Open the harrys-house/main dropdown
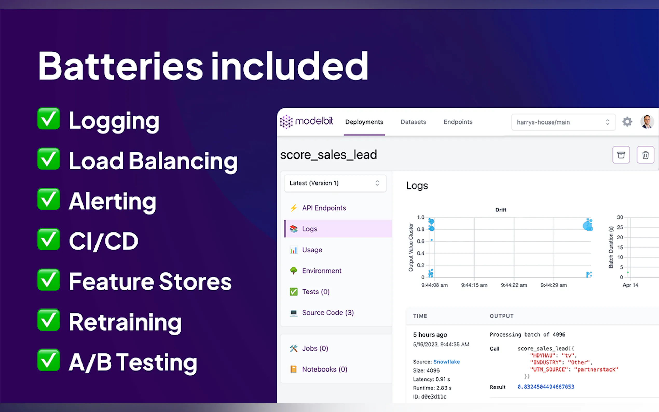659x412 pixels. pos(563,122)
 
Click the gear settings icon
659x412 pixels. pos(627,121)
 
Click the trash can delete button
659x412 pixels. pos(645,155)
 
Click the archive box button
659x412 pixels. pos(621,155)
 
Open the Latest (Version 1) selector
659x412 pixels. pos(335,183)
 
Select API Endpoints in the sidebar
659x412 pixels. pos(324,208)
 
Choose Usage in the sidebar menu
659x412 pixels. pos(312,250)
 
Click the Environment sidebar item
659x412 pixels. pos(321,271)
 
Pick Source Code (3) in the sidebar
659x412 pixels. pos(328,313)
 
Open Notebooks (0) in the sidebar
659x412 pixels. pos(325,369)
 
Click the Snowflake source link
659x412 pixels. pos(446,362)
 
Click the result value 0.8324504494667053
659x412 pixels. pos(546,387)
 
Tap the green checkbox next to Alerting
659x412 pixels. pos(49,199)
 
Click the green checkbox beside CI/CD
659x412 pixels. pos(49,239)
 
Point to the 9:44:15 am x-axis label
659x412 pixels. pos(474,285)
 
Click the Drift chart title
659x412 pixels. pos(500,210)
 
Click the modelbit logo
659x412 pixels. pos(306,121)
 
